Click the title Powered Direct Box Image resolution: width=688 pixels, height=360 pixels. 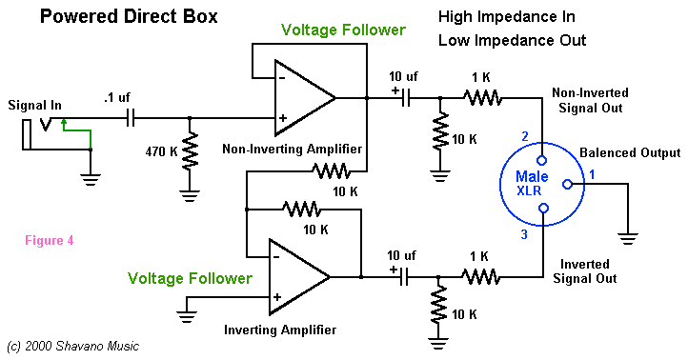[129, 16]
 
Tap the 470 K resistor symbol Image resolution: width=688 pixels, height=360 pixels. [190, 151]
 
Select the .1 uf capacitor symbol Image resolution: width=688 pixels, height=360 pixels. [131, 118]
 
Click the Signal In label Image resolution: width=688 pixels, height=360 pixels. [34, 105]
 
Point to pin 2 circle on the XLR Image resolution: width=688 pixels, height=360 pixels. [542, 161]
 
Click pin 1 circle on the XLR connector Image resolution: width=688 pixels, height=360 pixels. [567, 185]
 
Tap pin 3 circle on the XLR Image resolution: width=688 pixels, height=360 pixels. [544, 208]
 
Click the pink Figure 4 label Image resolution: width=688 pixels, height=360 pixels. [50, 240]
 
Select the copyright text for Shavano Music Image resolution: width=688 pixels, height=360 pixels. [72, 346]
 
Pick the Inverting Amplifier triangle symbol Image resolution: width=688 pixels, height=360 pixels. [299, 277]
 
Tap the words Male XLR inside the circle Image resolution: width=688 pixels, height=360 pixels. [532, 183]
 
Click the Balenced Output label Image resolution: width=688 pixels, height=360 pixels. [630, 152]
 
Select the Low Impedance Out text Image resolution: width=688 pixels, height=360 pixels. [512, 40]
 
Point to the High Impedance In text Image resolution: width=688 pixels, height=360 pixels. [506, 16]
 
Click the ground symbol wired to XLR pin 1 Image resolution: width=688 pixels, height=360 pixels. [628, 239]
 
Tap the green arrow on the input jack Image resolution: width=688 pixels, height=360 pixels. [77, 133]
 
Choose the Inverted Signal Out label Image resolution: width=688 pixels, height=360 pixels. [584, 271]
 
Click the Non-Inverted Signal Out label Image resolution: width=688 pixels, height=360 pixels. [590, 100]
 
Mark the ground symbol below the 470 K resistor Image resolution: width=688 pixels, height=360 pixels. [190, 195]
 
